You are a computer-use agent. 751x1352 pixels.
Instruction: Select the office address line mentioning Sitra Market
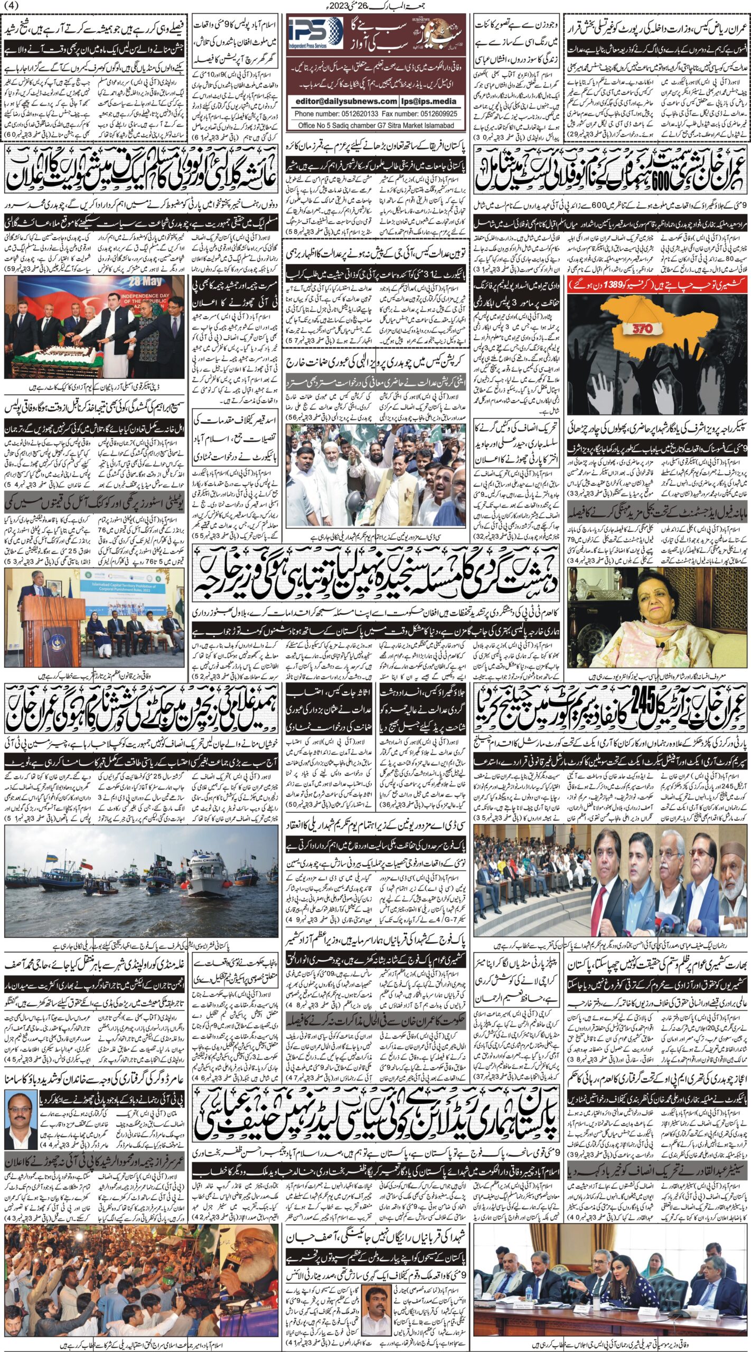(375, 126)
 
